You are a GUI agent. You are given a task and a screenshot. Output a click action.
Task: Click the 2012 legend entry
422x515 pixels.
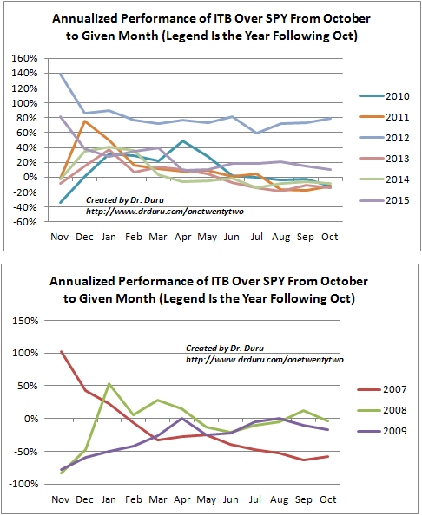pyautogui.click(x=385, y=138)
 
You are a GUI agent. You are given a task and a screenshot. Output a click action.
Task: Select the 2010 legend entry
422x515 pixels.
pyautogui.click(x=385, y=96)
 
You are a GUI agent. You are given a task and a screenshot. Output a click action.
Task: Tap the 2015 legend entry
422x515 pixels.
pyautogui.click(x=385, y=200)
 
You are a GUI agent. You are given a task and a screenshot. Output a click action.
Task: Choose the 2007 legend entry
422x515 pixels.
pyautogui.click(x=382, y=389)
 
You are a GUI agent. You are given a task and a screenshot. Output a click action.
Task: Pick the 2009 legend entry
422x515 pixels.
pyautogui.click(x=382, y=431)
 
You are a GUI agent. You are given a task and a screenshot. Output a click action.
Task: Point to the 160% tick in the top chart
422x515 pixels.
pyautogui.click(x=24, y=58)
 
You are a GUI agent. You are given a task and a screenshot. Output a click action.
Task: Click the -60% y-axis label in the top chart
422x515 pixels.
pyautogui.click(x=24, y=222)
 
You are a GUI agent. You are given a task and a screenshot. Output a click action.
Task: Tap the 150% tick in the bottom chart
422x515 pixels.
pyautogui.click(x=26, y=321)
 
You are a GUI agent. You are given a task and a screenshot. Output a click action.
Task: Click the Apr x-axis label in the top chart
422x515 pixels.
pyautogui.click(x=183, y=237)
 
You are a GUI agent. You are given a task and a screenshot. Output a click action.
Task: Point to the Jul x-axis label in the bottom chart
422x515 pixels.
pyautogui.click(x=255, y=499)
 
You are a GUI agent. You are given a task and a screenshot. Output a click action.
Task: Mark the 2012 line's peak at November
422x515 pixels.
pyautogui.click(x=61, y=74)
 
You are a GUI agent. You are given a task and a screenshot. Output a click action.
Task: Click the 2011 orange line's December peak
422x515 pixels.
pyautogui.click(x=84, y=121)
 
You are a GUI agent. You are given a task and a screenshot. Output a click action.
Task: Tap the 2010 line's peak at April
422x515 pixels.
pyautogui.click(x=183, y=141)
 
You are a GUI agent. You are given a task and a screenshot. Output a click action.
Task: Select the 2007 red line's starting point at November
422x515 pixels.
pyautogui.click(x=61, y=351)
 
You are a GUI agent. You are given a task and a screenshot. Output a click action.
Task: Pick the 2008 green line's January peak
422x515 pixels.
pyautogui.click(x=109, y=383)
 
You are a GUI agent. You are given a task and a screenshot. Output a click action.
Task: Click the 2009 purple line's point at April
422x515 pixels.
pyautogui.click(x=181, y=418)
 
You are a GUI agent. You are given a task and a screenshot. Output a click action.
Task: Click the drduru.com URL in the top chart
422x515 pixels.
pyautogui.click(x=165, y=212)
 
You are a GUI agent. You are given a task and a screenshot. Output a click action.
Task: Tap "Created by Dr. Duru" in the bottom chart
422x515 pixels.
pyautogui.click(x=225, y=349)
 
